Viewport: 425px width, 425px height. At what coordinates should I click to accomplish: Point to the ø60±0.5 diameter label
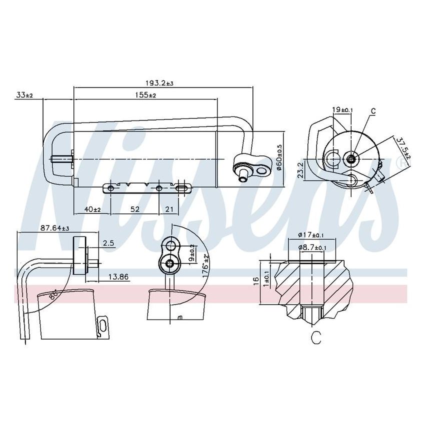click(279, 157)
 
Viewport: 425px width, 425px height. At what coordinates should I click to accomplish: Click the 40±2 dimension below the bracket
click(92, 209)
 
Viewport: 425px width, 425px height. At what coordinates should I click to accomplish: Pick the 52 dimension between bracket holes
click(135, 209)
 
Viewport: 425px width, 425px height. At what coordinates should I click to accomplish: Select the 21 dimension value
click(169, 209)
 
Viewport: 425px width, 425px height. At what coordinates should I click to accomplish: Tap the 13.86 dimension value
click(118, 276)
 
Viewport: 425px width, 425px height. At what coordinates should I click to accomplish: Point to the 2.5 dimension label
click(108, 243)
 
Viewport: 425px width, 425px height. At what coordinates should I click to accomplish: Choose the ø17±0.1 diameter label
click(311, 234)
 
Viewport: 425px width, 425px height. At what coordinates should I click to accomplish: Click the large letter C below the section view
click(315, 338)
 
